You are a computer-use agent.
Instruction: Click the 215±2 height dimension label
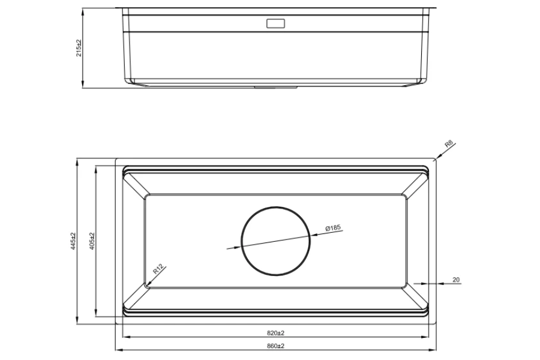click(79, 48)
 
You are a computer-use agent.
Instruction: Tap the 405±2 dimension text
click(91, 241)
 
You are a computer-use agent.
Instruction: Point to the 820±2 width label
click(275, 332)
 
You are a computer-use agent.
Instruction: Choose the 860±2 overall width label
click(275, 346)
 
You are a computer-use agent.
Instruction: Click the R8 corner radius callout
click(449, 145)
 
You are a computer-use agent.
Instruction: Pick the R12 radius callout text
click(158, 269)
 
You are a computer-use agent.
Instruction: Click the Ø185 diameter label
click(332, 228)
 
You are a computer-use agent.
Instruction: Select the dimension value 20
click(455, 280)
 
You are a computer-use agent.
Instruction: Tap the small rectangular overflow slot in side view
click(275, 25)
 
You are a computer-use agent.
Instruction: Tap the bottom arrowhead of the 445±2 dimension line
click(77, 323)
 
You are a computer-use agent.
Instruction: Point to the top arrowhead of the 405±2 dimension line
click(95, 168)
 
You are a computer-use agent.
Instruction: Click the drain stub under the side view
click(275, 86)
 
